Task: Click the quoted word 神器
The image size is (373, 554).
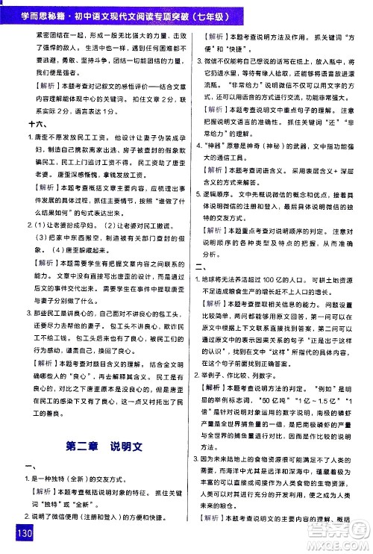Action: (216, 158)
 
